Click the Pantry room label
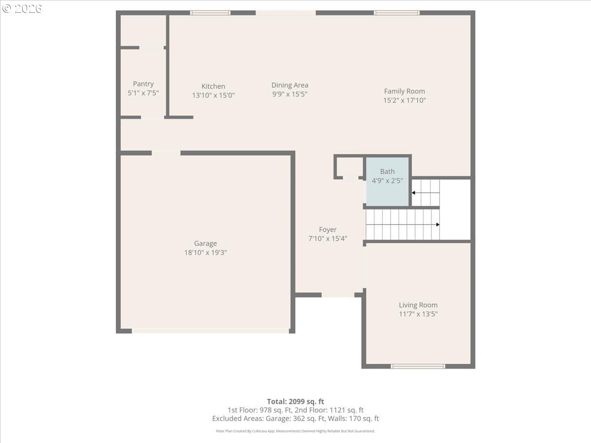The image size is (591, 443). click(143, 84)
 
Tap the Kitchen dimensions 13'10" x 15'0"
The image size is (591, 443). click(213, 95)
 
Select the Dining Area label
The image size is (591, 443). click(290, 85)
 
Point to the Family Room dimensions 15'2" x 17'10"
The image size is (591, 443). click(404, 100)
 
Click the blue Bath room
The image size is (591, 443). click(388, 182)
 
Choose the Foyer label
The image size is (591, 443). click(328, 229)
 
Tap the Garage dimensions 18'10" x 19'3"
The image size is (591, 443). click(205, 253)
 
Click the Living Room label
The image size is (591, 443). click(418, 305)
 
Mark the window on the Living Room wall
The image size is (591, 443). click(418, 366)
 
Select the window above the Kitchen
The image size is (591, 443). click(210, 13)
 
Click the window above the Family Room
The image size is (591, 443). click(396, 13)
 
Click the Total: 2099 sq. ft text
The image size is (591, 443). click(295, 402)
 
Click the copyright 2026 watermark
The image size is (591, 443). click(22, 8)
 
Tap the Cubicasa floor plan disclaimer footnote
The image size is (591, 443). click(295, 431)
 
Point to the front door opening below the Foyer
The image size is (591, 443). click(338, 295)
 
